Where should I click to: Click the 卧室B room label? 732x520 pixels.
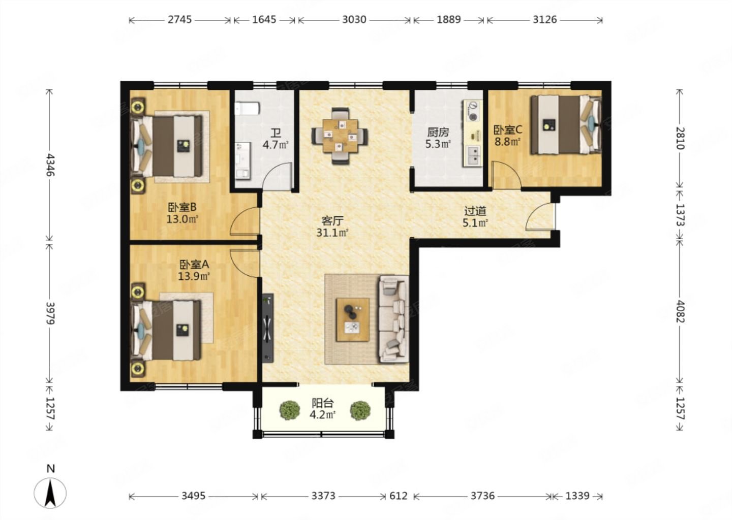pos(182,207)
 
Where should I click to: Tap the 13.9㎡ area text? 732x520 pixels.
pos(194,276)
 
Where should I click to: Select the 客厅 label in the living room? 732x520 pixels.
pos(332,221)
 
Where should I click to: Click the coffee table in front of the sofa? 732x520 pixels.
pos(353,319)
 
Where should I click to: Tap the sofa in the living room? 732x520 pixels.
pos(394,319)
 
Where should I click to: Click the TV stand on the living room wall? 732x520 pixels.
pos(268,328)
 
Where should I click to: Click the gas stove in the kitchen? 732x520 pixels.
pos(473,111)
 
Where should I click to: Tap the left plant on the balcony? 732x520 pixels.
pos(290,410)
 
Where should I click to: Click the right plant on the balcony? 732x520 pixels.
pos(360,410)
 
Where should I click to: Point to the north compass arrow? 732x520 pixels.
pos(50,493)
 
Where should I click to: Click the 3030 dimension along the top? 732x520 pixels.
pos(354,20)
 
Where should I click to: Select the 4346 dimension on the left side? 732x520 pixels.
pos(50,165)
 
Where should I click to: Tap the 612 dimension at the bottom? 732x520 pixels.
pos(399,496)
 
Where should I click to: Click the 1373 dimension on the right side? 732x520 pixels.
pos(680,214)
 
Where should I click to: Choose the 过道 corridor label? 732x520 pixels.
pos(475,211)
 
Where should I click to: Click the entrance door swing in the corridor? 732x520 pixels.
pos(541,216)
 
